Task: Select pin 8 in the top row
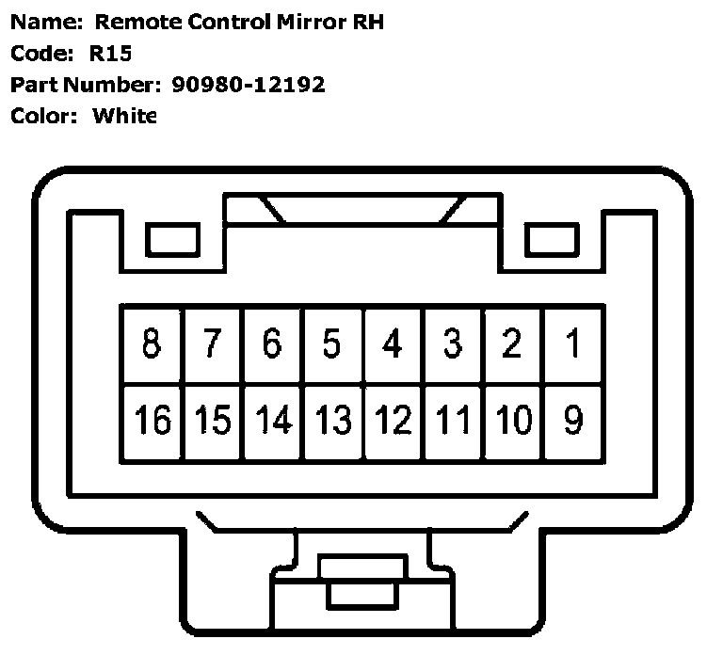(x=151, y=344)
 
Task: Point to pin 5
(x=331, y=344)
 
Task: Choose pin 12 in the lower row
(x=393, y=420)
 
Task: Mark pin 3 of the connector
(x=453, y=344)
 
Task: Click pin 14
(x=272, y=420)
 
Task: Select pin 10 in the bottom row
(x=513, y=420)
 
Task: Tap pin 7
(x=212, y=344)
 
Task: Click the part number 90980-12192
(x=249, y=84)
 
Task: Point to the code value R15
(x=112, y=53)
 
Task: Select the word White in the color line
(x=124, y=116)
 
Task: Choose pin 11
(x=453, y=420)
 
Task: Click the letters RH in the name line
(x=367, y=21)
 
